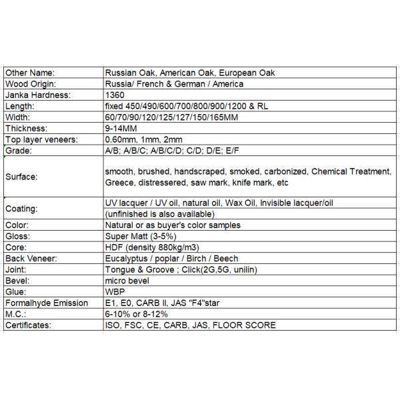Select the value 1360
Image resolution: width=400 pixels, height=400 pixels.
(x=115, y=95)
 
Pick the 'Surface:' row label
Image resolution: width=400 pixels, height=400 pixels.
(x=21, y=177)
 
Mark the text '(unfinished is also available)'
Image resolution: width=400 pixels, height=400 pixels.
(x=160, y=214)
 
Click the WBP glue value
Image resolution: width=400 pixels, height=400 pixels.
(x=115, y=292)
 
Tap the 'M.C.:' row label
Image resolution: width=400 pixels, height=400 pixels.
(x=15, y=314)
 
